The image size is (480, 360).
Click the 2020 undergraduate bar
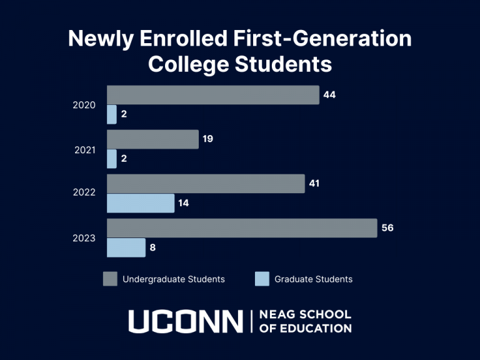(212, 95)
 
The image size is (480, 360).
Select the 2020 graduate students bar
(112, 114)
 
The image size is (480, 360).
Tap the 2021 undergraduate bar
(152, 139)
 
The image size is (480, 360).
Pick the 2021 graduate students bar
(112, 159)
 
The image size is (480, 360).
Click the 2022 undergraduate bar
(206, 184)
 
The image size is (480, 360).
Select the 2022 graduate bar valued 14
(141, 203)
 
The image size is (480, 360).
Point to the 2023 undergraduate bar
(242, 228)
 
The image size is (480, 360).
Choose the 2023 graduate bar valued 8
(126, 247)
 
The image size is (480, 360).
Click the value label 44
(330, 95)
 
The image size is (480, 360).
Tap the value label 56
(387, 228)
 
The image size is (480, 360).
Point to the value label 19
(208, 139)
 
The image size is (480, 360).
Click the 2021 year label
(84, 149)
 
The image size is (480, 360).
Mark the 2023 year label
(84, 238)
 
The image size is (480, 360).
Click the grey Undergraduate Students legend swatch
(110, 279)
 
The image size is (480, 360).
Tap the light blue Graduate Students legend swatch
(262, 279)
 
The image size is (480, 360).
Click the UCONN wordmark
(186, 321)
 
